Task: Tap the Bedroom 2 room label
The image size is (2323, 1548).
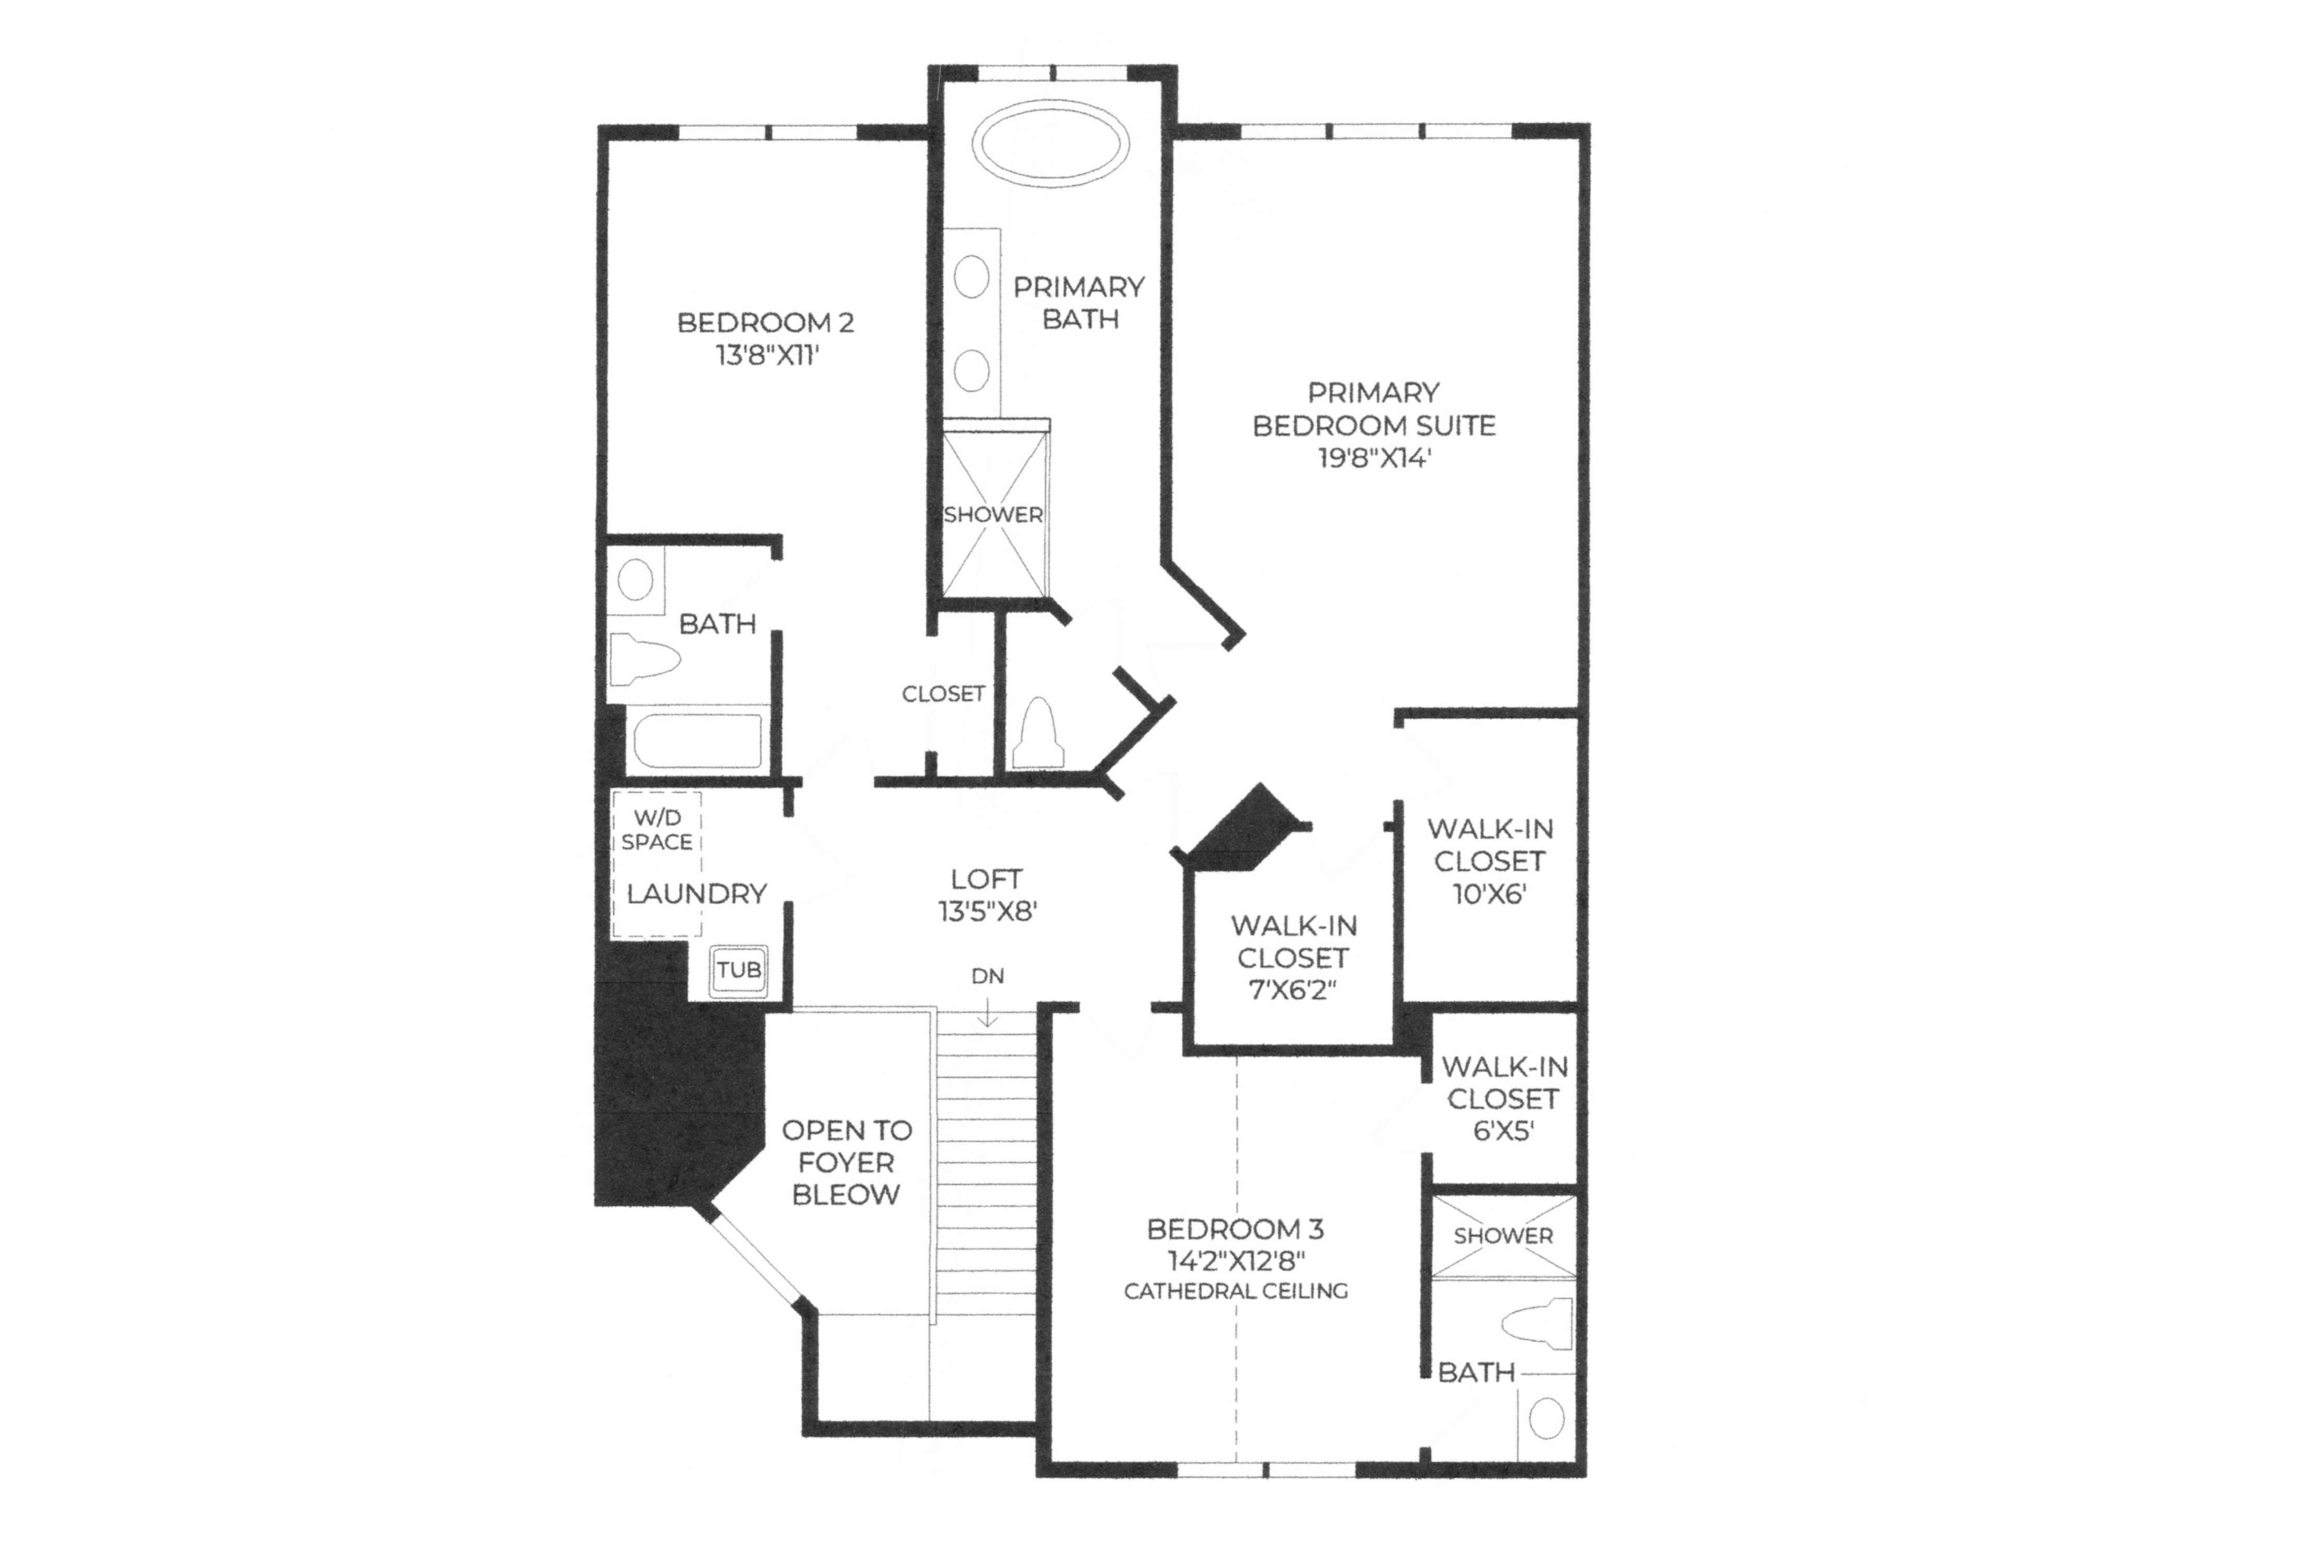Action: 765,323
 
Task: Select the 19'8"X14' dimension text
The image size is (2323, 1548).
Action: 1374,458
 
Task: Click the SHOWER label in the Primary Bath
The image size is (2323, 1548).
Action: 993,514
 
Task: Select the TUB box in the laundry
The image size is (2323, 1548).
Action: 739,970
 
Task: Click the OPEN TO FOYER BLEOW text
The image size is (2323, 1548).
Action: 846,1162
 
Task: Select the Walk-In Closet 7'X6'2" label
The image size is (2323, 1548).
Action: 1293,958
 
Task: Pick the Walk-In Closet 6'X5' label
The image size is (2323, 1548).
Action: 1504,1098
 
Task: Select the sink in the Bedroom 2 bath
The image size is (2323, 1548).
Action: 635,579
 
